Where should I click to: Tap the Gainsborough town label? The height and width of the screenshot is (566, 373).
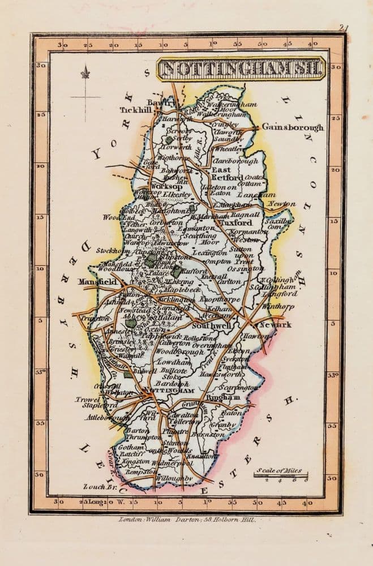293,127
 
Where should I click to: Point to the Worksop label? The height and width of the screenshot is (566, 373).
166,186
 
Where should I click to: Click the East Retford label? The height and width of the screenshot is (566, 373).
226,173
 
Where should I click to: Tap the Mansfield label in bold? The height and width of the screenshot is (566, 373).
97,281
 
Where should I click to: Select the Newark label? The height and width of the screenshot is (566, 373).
276,324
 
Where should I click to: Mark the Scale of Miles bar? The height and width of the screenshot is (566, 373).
281,475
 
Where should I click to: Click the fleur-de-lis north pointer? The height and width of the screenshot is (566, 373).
85,72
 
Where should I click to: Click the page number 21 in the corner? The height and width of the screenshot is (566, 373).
344,27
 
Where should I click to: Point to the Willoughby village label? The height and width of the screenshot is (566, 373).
174,478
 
